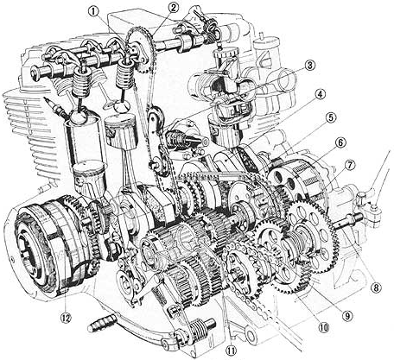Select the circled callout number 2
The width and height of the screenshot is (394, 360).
pyautogui.click(x=174, y=8)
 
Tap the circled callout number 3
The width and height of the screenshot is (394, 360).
pyautogui.click(x=307, y=66)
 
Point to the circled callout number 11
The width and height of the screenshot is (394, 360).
pyautogui.click(x=229, y=351)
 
